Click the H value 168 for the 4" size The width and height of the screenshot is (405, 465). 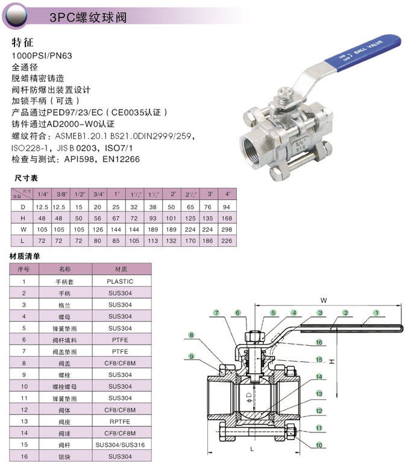(227, 218)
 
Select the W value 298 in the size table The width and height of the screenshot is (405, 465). (227, 229)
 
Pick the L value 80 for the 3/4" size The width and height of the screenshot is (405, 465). (97, 241)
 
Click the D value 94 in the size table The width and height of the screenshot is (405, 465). (227, 207)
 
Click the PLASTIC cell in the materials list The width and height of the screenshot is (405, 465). (120, 281)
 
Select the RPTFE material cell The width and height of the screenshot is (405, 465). (120, 422)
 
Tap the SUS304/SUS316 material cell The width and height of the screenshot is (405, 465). (120, 445)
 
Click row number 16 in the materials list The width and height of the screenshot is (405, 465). (24, 457)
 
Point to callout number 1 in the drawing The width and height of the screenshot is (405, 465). (377, 313)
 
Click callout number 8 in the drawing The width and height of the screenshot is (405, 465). (192, 335)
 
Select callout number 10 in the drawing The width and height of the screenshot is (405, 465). (319, 445)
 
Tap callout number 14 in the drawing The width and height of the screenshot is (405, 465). (319, 377)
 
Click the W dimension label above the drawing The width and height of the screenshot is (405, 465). (324, 301)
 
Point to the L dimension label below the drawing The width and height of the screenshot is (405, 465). (252, 449)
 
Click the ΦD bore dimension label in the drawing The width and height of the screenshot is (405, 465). (249, 397)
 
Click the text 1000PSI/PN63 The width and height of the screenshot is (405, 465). (42, 56)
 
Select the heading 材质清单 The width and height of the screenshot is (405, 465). (25, 256)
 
